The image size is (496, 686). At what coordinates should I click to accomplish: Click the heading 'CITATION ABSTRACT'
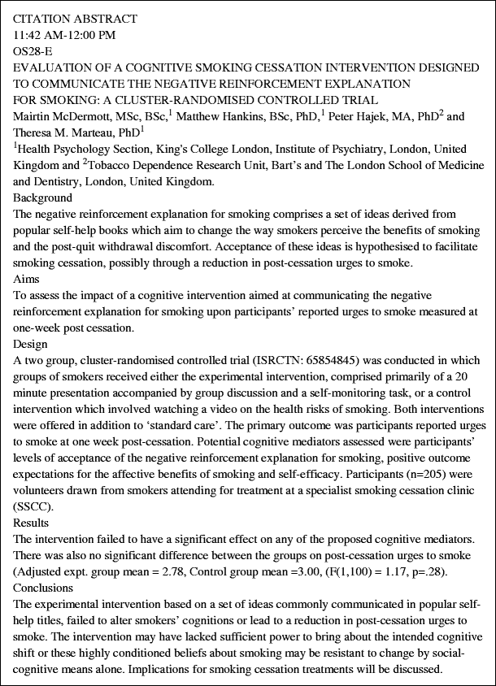(x=76, y=19)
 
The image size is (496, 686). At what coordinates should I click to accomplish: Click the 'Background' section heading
(x=43, y=198)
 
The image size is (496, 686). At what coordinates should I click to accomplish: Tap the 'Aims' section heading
(x=28, y=279)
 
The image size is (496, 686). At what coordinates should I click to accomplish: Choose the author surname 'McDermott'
(x=80, y=117)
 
